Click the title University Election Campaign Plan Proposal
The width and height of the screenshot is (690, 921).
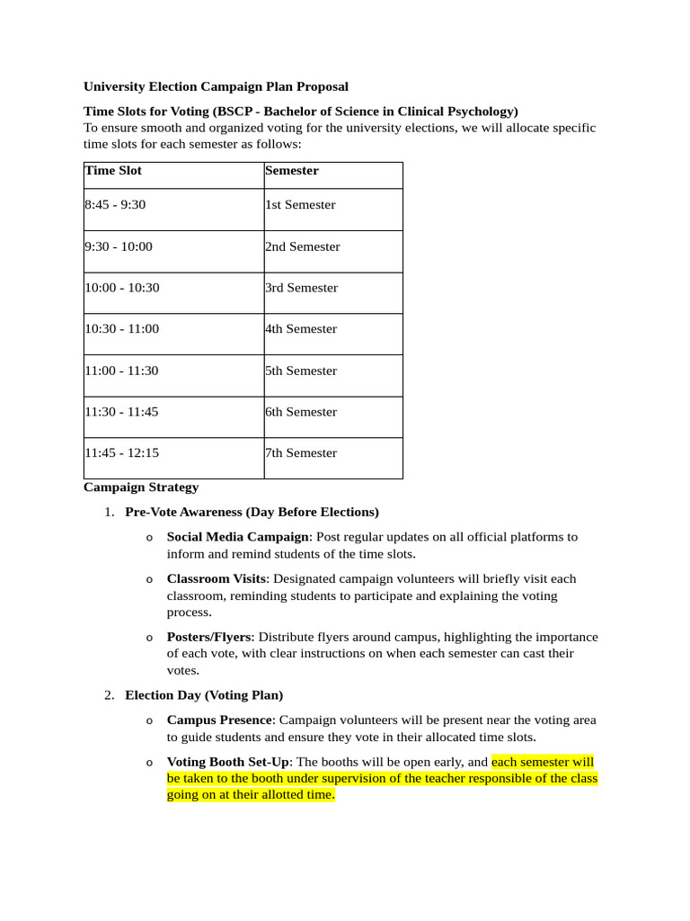coord(216,86)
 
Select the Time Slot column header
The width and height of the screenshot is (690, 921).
coord(113,170)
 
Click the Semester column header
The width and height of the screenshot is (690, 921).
coord(292,170)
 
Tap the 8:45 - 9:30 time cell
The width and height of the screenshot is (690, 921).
coord(115,204)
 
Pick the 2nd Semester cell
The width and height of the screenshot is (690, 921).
coord(303,246)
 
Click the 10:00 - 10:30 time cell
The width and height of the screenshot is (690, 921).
coord(122,288)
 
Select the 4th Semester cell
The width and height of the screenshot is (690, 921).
coord(301,329)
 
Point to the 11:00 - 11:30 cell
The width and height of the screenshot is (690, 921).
coord(122,371)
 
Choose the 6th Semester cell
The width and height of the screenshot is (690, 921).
coord(301,412)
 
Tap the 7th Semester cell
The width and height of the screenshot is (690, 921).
coord(301,453)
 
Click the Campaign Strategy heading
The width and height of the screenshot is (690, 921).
coord(141,487)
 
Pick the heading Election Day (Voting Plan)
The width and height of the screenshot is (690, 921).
coord(204,695)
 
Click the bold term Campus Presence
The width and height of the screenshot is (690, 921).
coord(220,720)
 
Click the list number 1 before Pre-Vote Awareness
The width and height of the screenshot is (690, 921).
coord(108,513)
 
